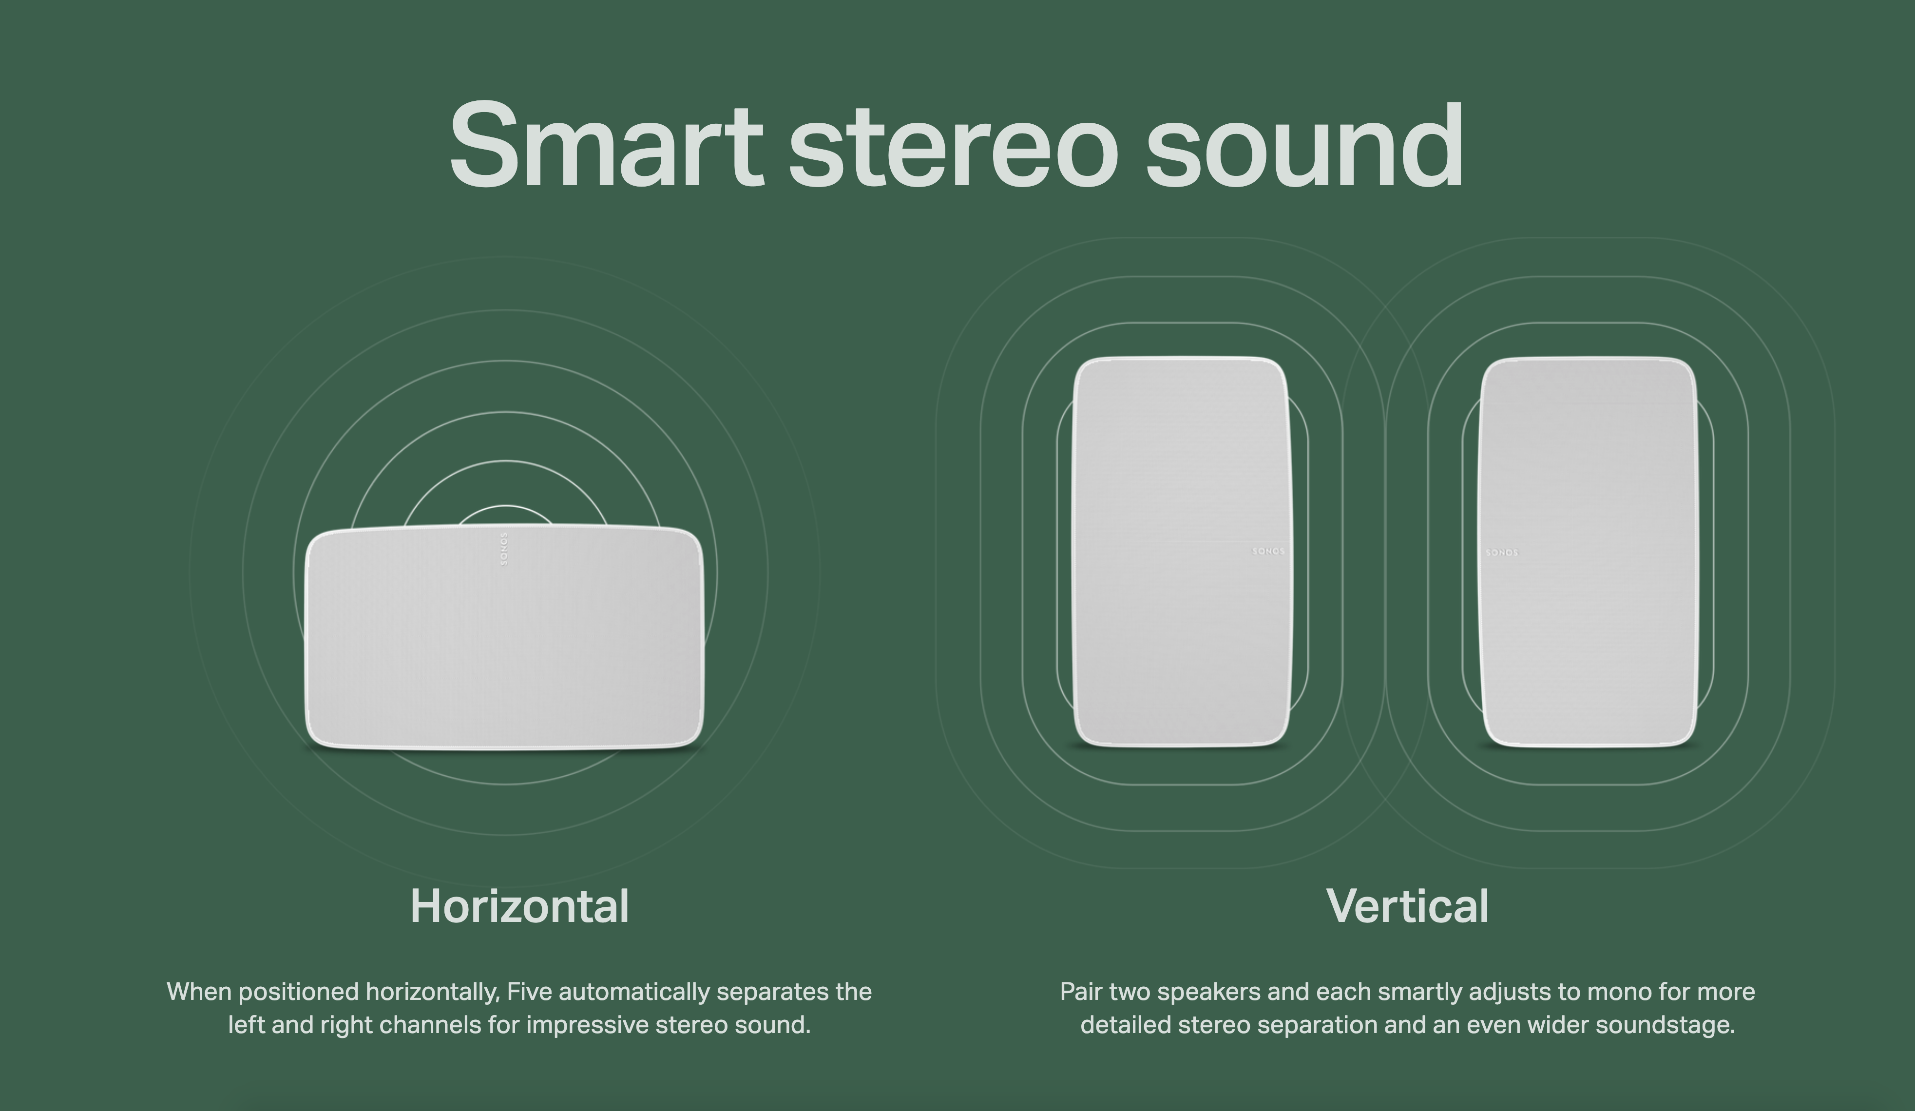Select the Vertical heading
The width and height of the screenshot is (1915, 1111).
(1407, 906)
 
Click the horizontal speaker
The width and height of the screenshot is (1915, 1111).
(505, 638)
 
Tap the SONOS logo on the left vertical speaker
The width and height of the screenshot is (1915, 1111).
(1268, 551)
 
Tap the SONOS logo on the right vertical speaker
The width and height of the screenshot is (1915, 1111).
(1502, 553)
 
